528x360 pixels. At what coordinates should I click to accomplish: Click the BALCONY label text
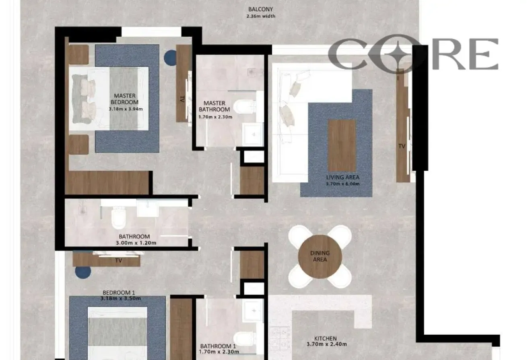coord(260,9)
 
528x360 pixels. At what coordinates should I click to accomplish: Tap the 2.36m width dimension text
coord(261,16)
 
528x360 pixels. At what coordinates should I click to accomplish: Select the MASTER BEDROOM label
coord(125,99)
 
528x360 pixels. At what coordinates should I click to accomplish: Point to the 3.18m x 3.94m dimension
coord(126,109)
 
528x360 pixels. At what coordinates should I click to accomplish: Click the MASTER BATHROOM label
coord(214,106)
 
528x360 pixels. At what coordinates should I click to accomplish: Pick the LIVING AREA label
coord(343,177)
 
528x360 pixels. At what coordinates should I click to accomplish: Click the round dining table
coord(320,257)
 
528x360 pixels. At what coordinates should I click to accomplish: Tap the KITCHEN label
coord(326,338)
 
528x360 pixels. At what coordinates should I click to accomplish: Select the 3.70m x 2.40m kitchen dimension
coord(327,344)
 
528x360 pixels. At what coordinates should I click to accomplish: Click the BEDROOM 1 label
coord(119,292)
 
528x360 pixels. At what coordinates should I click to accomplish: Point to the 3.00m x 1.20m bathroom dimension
coord(136,243)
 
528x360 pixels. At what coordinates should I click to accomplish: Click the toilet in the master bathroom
coord(245,107)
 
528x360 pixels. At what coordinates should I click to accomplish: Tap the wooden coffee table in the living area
coord(342,145)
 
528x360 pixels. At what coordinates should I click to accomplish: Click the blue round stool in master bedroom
coord(170,58)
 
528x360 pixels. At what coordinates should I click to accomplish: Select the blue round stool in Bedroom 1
coord(83,272)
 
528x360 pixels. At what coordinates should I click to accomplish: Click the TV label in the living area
coord(402,146)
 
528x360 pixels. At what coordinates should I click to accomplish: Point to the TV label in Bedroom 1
coord(119,261)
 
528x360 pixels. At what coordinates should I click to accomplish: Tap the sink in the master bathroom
coord(252,134)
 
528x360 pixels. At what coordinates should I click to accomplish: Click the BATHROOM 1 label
coord(218,346)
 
